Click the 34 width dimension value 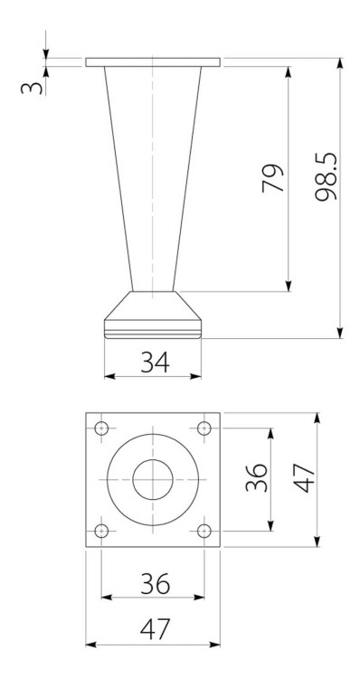pyautogui.click(x=152, y=362)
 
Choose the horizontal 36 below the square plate pyautogui.click(x=153, y=584)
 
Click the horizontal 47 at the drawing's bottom pyautogui.click(x=153, y=627)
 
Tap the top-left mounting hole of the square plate pyautogui.click(x=101, y=427)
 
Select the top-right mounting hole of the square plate pyautogui.click(x=205, y=427)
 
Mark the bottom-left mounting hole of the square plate pyautogui.click(x=101, y=531)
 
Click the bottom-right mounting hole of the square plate pyautogui.click(x=205, y=531)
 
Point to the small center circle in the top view pyautogui.click(x=153, y=478)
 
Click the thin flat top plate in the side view pyautogui.click(x=153, y=62)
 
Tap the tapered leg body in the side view pyautogui.click(x=153, y=181)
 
